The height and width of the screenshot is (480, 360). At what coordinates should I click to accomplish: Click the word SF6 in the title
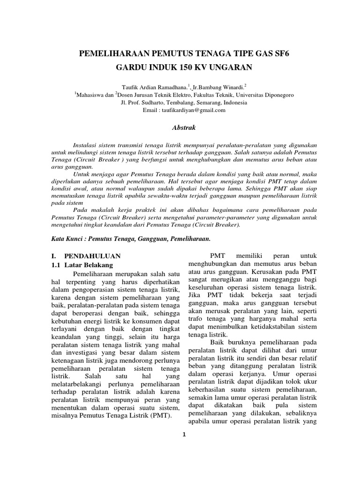point(287,52)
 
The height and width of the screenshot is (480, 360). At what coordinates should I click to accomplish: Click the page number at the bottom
point(185,433)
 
